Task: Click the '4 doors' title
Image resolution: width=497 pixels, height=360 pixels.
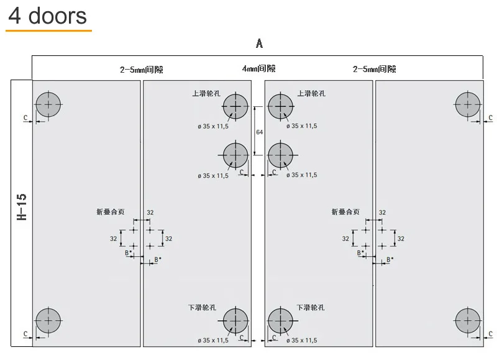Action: click(x=47, y=15)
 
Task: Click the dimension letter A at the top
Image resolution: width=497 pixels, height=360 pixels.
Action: click(x=259, y=44)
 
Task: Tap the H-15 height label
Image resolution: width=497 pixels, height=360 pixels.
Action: click(x=22, y=207)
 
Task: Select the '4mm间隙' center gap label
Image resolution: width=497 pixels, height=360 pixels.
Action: click(x=258, y=69)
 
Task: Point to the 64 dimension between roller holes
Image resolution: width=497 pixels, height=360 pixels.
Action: click(x=260, y=132)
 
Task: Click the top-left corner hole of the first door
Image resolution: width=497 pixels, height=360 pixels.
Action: click(x=48, y=104)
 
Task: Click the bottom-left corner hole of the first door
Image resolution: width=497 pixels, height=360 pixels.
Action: click(x=48, y=321)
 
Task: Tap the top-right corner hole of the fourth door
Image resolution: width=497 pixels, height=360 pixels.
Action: click(x=467, y=104)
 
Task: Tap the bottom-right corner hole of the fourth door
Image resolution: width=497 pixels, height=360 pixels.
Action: click(x=467, y=321)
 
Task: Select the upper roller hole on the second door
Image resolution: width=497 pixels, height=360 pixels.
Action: click(x=235, y=107)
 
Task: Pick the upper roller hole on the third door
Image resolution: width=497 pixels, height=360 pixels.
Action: click(x=281, y=107)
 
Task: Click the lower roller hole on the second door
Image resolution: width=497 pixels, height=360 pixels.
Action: click(x=235, y=321)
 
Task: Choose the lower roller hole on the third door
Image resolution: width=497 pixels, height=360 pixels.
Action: click(x=281, y=321)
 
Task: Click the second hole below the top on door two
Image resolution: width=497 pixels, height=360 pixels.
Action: click(x=235, y=155)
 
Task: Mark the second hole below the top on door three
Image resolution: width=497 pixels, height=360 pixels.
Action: click(x=281, y=155)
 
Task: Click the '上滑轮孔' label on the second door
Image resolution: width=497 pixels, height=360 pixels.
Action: click(x=206, y=94)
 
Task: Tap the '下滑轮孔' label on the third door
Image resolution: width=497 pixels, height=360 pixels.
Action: click(x=311, y=308)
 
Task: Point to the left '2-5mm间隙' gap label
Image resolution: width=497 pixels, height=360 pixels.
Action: click(x=142, y=70)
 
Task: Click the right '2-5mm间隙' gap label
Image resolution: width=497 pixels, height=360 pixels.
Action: click(x=374, y=70)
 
